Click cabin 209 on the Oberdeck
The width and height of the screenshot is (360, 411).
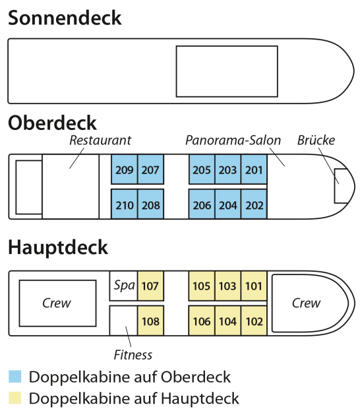[x=124, y=170]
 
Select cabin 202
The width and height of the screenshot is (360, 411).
[x=254, y=205]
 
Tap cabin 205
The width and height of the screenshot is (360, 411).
[x=202, y=170]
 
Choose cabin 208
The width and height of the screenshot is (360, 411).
[x=150, y=205]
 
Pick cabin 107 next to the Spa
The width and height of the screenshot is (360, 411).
[x=150, y=286]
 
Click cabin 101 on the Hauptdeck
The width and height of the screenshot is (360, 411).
[x=254, y=286]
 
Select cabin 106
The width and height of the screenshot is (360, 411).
[x=202, y=321]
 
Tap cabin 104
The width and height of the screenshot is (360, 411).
[x=228, y=321]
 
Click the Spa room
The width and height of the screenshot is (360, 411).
[x=123, y=286]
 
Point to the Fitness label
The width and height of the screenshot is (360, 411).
[x=133, y=355]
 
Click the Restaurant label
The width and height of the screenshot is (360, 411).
[x=100, y=141]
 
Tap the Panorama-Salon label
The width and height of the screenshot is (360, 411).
[x=233, y=141]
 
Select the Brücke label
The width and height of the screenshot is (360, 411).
[x=316, y=141]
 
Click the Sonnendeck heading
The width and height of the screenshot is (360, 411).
[x=65, y=18]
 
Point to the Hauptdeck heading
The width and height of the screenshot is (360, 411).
[x=58, y=247]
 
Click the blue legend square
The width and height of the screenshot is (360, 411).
[x=15, y=377]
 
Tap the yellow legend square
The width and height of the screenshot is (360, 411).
[x=15, y=398]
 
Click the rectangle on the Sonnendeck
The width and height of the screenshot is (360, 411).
[x=227, y=46]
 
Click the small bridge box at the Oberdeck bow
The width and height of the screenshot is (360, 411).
[x=335, y=186]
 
